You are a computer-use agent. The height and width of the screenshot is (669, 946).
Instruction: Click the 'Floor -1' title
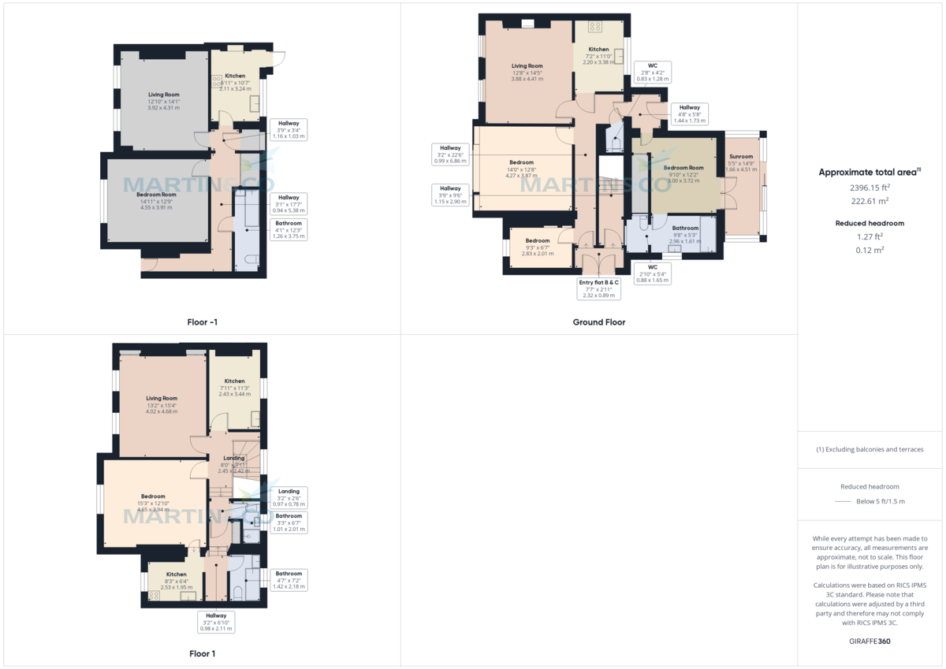click(x=202, y=321)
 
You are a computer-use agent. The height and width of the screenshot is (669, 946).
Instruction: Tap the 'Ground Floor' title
click(x=599, y=321)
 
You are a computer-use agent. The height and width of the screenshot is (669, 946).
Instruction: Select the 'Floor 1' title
click(x=202, y=653)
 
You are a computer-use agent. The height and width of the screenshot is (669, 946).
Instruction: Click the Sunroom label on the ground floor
click(x=741, y=157)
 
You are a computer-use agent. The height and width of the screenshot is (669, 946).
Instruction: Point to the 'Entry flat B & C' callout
click(x=599, y=288)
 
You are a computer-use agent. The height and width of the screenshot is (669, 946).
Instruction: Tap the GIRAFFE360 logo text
click(x=870, y=641)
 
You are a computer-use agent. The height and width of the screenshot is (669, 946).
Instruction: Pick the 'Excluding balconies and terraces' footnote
click(x=870, y=449)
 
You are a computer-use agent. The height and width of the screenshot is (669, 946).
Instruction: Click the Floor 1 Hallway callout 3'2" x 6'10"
click(x=216, y=622)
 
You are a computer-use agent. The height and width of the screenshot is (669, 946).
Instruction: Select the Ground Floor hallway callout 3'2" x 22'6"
click(x=450, y=154)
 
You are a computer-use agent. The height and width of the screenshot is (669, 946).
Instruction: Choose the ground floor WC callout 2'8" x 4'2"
click(x=653, y=72)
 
